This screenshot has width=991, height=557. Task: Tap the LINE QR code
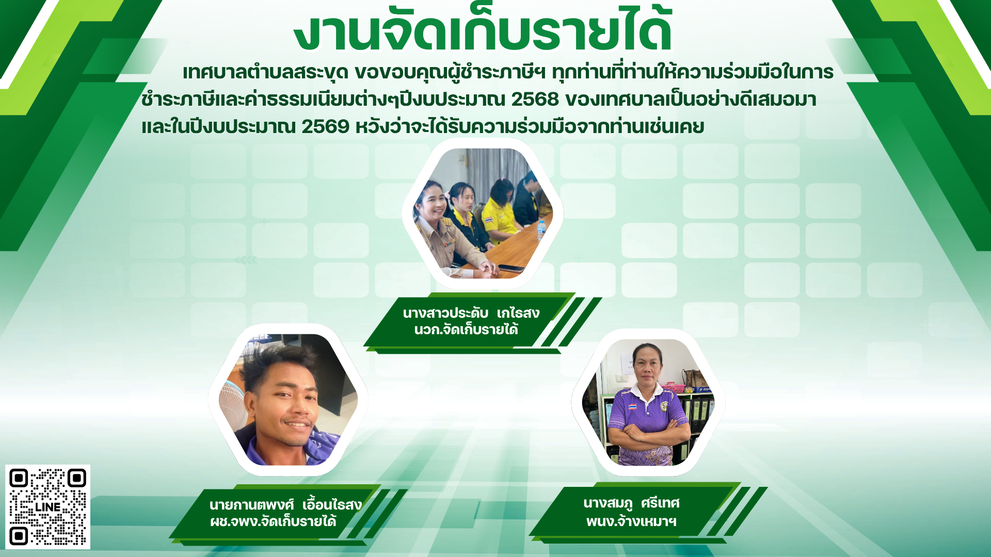[47, 507]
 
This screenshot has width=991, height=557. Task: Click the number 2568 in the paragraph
[535, 99]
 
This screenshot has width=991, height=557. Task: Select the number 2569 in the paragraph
[325, 126]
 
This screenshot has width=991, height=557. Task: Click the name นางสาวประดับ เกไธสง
[471, 313]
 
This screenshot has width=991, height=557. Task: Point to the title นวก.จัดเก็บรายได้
[466, 330]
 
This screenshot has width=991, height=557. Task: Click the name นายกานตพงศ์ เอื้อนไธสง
[285, 504]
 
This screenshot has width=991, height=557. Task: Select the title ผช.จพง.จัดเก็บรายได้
[273, 521]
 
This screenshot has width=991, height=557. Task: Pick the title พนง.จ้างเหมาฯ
[631, 521]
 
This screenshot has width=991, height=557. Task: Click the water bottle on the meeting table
[541, 231]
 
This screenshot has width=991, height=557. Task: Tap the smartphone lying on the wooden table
[512, 268]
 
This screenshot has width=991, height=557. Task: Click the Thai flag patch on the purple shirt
[632, 406]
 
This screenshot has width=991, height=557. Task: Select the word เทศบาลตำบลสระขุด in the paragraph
[265, 72]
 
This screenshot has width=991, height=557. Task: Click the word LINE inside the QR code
[48, 507]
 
